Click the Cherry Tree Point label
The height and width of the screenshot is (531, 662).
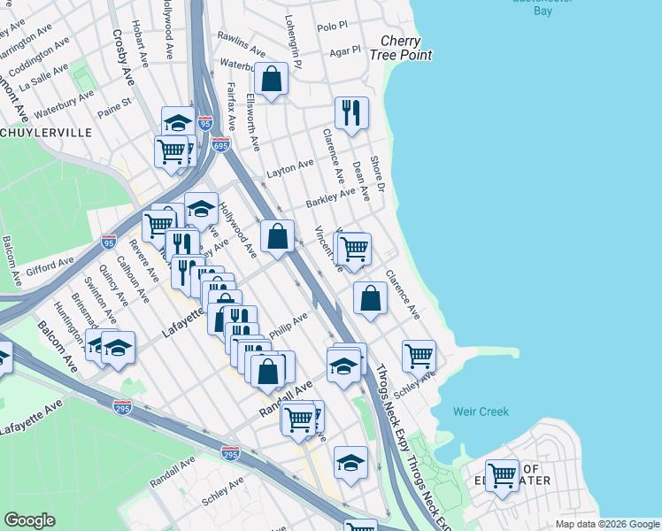(406, 48)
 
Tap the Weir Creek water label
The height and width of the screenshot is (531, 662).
(481, 412)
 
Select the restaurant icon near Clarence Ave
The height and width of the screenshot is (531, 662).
(351, 113)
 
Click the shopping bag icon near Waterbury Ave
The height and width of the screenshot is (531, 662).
(273, 80)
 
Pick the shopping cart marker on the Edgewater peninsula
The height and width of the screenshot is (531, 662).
(502, 476)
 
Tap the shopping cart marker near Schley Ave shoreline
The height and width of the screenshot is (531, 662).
(419, 357)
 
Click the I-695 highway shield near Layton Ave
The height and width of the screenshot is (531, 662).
(220, 143)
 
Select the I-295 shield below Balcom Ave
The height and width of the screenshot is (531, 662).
(123, 407)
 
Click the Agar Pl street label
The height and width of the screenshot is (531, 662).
(345, 51)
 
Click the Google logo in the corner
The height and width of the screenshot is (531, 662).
(29, 520)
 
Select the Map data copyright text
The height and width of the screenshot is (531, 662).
(606, 524)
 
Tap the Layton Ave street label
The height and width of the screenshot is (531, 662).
(291, 165)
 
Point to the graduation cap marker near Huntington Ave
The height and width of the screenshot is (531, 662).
(117, 348)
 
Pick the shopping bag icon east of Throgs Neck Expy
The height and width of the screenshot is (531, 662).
(370, 299)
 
